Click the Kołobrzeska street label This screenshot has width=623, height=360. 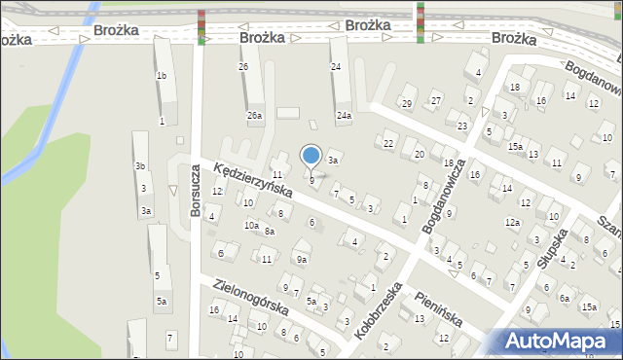(x=379, y=310)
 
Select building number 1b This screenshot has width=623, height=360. (x=162, y=75)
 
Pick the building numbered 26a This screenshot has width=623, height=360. (x=254, y=115)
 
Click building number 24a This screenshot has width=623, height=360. (x=344, y=115)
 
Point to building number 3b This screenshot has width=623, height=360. (x=140, y=166)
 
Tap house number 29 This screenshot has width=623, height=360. (x=407, y=103)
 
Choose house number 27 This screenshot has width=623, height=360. (x=436, y=100)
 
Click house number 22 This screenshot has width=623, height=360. (x=387, y=144)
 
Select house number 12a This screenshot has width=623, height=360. (x=512, y=222)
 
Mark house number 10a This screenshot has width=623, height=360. (x=251, y=225)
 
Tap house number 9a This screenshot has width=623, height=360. (x=302, y=259)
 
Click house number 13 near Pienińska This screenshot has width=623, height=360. (x=420, y=318)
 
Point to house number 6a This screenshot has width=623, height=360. (x=565, y=298)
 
